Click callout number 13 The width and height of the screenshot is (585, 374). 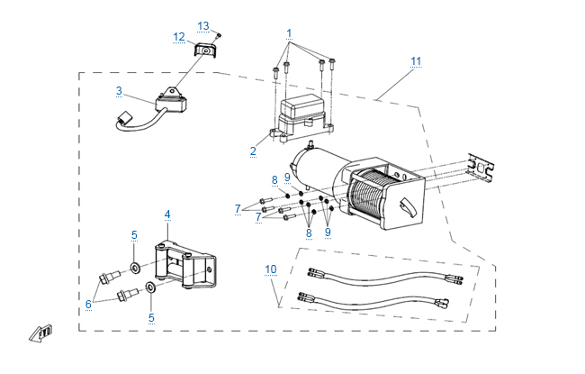pos(203,26)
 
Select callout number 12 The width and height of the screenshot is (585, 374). pos(179,37)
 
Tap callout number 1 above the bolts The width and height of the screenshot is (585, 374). pos(289,33)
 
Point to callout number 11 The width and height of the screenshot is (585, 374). pos(416,61)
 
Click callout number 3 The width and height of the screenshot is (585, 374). pos(119,91)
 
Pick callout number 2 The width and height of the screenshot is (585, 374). pos(253,151)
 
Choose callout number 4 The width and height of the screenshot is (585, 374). pos(167,214)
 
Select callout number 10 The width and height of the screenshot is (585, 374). pos(271,269)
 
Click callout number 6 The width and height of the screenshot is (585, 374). pos(88,304)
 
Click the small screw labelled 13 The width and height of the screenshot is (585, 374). pos(219,35)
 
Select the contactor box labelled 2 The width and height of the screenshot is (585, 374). pos(302,116)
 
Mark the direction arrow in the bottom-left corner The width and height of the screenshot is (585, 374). pos(40,333)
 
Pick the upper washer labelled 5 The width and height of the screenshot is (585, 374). pos(135,268)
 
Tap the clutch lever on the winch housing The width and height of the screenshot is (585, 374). pos(407,207)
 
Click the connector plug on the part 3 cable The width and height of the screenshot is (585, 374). pos(124,118)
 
